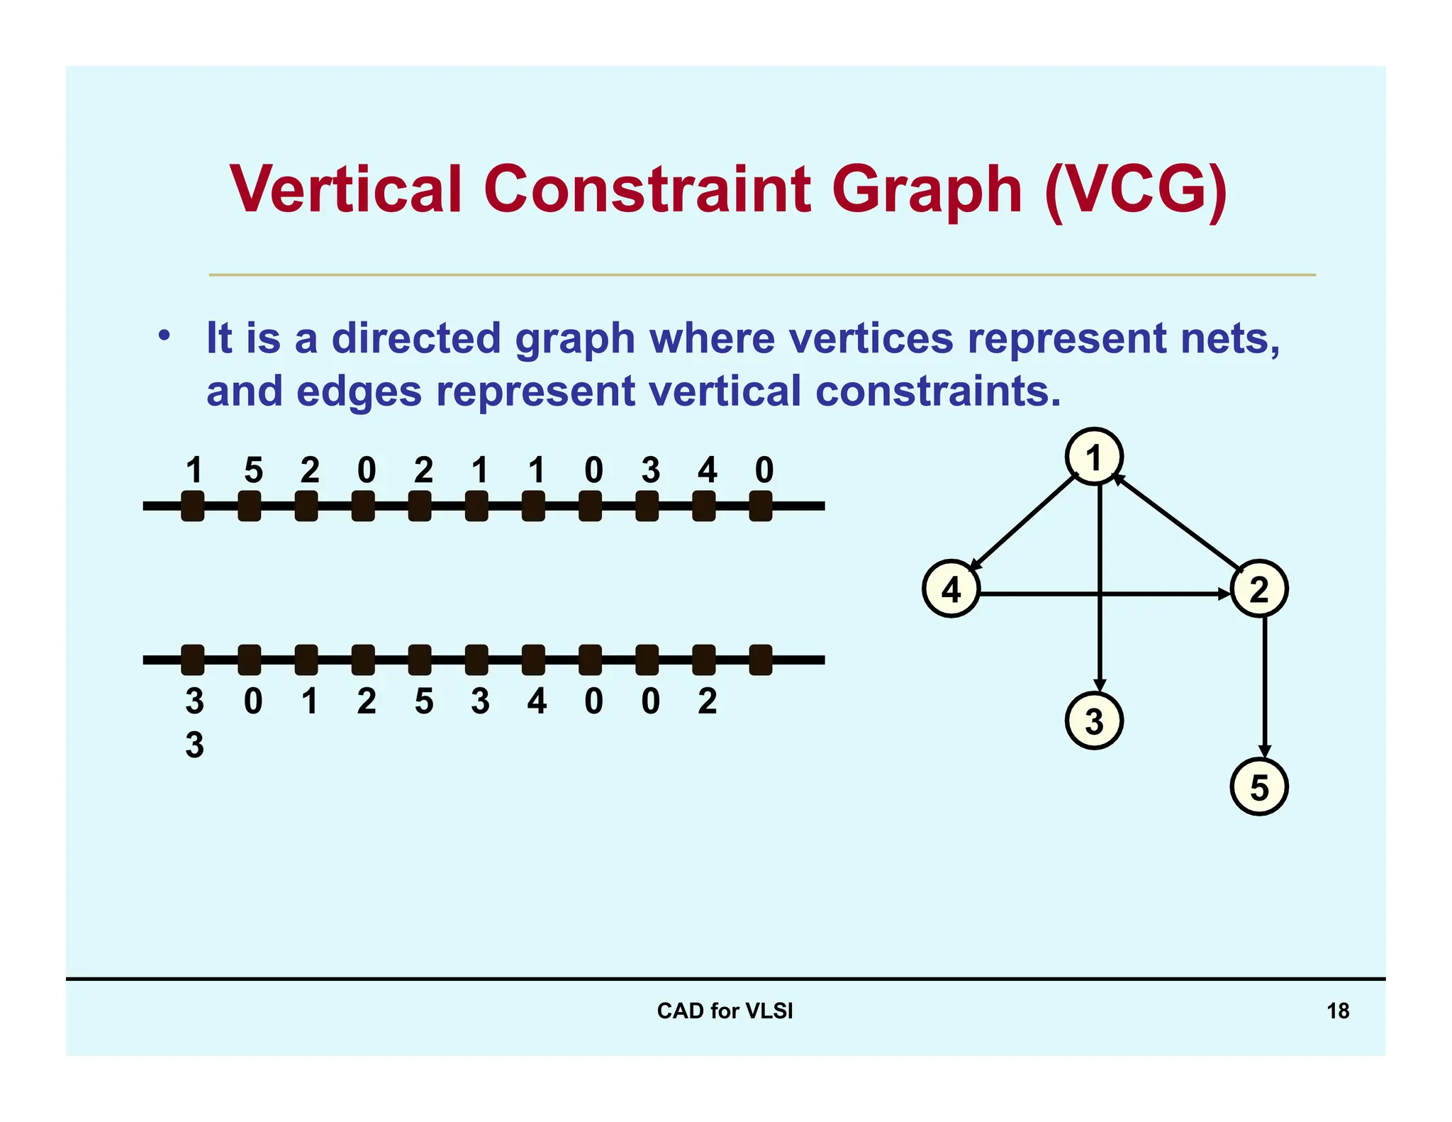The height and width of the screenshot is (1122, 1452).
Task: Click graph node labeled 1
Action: click(1094, 457)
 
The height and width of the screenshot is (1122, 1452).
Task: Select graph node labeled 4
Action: click(951, 589)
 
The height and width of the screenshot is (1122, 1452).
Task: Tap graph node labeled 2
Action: click(1258, 589)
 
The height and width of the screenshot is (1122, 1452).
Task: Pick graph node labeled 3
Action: click(1094, 721)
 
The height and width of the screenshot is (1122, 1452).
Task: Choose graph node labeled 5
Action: click(1258, 787)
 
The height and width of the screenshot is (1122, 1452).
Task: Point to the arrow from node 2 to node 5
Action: click(1264, 688)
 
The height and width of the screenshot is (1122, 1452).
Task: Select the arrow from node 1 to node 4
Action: click(1021, 525)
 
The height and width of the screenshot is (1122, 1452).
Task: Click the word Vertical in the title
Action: click(345, 189)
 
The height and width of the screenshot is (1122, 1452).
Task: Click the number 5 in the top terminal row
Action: click(253, 470)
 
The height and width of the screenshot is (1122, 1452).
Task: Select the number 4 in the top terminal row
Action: click(707, 470)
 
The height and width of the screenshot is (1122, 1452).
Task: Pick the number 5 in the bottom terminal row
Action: click(423, 701)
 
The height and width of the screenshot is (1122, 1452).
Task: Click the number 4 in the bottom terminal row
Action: click(537, 701)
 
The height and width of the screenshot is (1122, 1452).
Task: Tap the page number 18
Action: click(1338, 1011)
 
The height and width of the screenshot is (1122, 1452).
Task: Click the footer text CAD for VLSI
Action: click(725, 1011)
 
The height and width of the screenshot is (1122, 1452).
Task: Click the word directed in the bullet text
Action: click(415, 338)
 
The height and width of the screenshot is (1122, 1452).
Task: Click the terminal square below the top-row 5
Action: click(249, 506)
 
